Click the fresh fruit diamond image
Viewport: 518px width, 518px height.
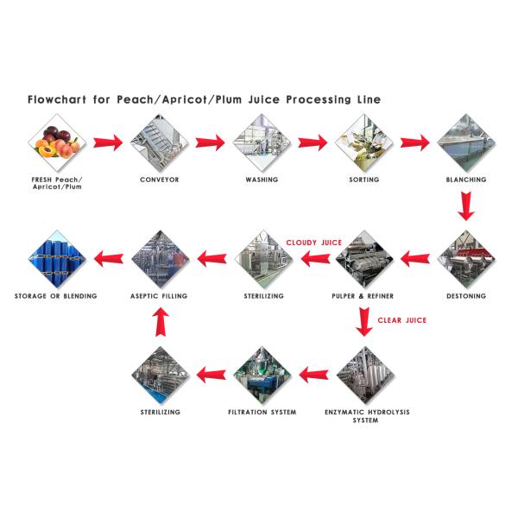click(57, 142)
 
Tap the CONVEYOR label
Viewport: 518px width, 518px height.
click(159, 180)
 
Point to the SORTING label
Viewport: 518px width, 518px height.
click(363, 180)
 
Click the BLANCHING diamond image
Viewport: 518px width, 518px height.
click(465, 142)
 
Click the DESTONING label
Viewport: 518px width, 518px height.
click(465, 296)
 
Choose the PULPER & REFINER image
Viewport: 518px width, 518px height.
click(363, 258)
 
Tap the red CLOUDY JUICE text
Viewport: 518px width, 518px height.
click(314, 243)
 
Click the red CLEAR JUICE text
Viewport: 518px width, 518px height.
click(401, 320)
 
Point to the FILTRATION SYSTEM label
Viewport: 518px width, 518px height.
click(262, 413)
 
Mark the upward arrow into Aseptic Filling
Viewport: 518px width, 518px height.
click(159, 323)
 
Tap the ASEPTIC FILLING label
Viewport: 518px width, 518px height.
click(159, 296)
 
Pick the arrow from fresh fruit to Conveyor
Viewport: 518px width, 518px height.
click(107, 142)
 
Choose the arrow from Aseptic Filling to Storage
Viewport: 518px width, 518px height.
click(107, 258)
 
